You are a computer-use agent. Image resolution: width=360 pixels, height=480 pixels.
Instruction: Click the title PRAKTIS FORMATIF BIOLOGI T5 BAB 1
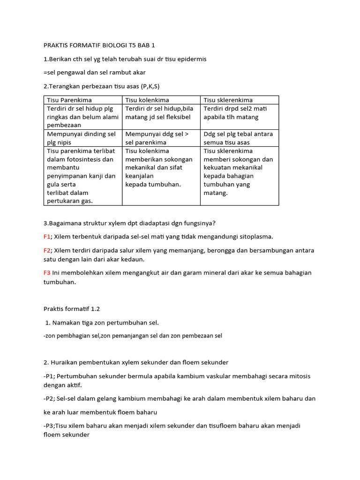tap(99, 45)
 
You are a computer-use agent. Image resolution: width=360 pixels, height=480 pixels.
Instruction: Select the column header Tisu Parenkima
tap(69, 100)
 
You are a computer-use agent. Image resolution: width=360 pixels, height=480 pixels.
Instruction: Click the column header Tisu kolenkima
tap(147, 100)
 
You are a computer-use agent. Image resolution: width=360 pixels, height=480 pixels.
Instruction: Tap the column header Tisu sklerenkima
tap(228, 100)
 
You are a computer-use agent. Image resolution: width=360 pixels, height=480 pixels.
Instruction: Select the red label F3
tap(47, 273)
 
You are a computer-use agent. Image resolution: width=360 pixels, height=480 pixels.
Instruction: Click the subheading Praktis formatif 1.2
tap(72, 309)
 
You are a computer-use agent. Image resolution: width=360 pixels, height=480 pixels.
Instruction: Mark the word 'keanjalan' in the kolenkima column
tap(139, 176)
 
